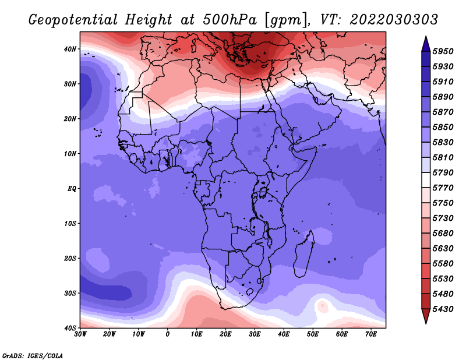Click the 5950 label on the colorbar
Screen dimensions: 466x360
tap(443, 51)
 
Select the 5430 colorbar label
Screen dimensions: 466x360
tap(443, 309)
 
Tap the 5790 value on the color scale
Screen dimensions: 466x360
tap(443, 172)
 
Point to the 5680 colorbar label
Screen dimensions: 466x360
tap(443, 234)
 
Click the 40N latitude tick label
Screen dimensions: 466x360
tap(70, 49)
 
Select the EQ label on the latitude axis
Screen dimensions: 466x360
tap(72, 189)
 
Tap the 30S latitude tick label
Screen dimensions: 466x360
tap(70, 293)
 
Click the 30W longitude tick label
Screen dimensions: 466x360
tap(80, 334)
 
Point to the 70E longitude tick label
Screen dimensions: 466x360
tap(370, 334)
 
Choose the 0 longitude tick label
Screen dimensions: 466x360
tap(168, 334)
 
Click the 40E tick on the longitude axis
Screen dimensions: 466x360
tap(284, 334)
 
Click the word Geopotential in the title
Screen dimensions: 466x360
tap(73, 20)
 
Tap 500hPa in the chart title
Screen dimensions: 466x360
tap(230, 20)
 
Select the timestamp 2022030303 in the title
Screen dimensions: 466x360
tap(394, 20)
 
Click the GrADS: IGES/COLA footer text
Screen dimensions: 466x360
tap(33, 355)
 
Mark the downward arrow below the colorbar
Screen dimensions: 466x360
tap(426, 316)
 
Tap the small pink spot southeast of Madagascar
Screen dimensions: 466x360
tap(322, 306)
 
